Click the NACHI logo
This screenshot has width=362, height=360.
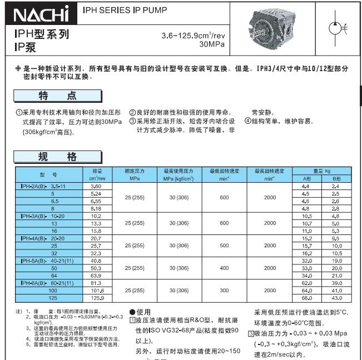[41, 13]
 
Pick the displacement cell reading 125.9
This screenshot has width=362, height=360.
[97, 298]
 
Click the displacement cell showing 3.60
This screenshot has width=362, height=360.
[96, 187]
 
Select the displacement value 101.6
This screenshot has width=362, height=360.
[97, 291]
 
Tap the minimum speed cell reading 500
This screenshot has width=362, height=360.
[224, 245]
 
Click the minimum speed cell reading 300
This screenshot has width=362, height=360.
[224, 291]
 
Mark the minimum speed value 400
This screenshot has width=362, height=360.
[224, 268]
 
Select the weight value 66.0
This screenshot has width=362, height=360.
[305, 298]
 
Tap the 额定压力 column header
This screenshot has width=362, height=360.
[135, 171]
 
